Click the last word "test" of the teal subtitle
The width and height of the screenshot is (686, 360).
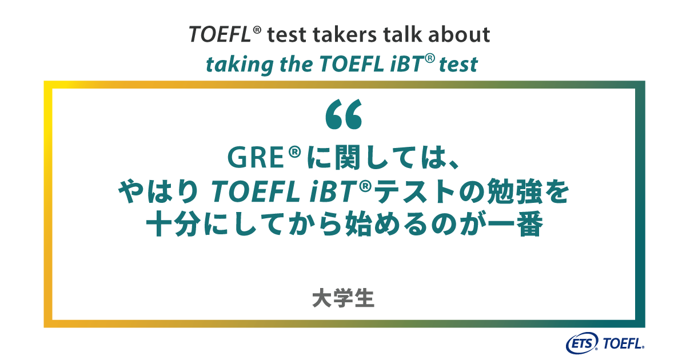[458, 65]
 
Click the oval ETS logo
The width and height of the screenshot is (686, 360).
[582, 344]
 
